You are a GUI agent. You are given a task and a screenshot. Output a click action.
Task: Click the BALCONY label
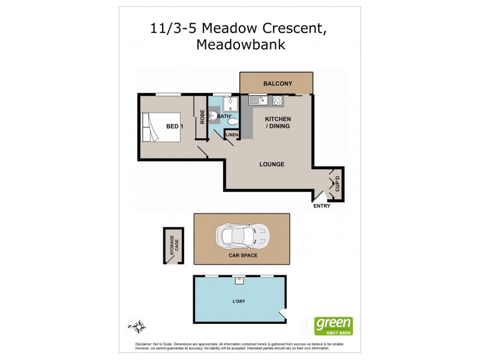coord(277,83)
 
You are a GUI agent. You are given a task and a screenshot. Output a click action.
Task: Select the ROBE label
coord(203,117)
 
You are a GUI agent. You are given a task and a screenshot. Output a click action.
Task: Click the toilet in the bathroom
coord(232,122)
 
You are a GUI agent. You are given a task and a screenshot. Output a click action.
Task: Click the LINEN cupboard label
coord(232,136)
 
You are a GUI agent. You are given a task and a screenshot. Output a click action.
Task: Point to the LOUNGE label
coord(271,164)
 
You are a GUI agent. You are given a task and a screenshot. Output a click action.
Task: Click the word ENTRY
coord(322,206)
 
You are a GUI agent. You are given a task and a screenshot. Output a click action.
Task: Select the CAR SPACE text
coord(243,256)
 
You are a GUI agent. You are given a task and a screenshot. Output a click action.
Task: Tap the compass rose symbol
coord(139,327)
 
